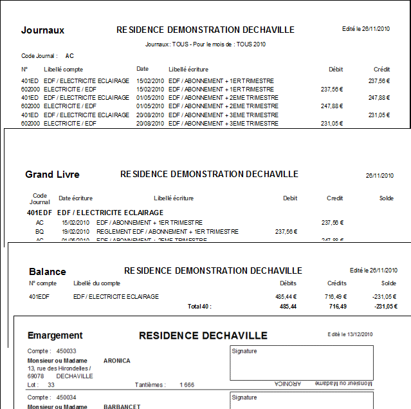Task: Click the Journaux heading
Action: (x=42, y=30)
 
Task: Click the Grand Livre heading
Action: (x=52, y=175)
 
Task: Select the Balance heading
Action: (x=47, y=272)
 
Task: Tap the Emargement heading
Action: (x=55, y=336)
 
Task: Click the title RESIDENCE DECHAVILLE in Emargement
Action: (x=203, y=336)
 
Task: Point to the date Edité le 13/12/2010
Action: (x=350, y=334)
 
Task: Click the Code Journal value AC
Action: (x=69, y=56)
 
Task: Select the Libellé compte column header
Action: (x=63, y=69)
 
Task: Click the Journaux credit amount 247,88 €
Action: (x=379, y=98)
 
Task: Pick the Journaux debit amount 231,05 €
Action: (x=332, y=123)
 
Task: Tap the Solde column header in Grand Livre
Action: (x=386, y=198)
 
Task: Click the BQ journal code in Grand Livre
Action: (x=39, y=231)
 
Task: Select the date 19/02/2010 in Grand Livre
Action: (x=75, y=231)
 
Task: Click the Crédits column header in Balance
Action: (x=336, y=283)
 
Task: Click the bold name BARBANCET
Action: (x=122, y=406)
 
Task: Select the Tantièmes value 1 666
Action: (x=187, y=385)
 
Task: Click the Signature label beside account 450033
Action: (x=244, y=352)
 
